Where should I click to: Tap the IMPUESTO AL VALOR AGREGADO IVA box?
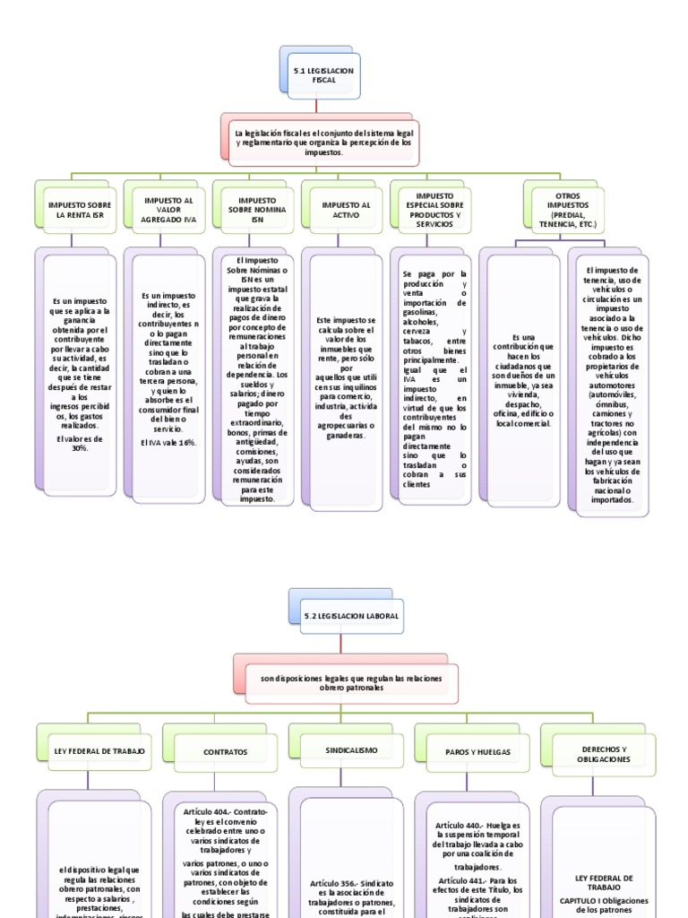pyautogui.click(x=168, y=211)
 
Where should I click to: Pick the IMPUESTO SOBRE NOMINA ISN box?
pyautogui.click(x=257, y=211)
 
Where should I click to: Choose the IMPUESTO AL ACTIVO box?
pyautogui.click(x=346, y=211)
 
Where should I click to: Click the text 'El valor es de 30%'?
pyautogui.click(x=80, y=444)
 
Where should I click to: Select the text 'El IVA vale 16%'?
pyautogui.click(x=168, y=443)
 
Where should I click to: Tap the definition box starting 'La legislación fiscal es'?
pyautogui.click(x=323, y=143)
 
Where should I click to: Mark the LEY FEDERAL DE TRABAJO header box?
pyautogui.click(x=94, y=749)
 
